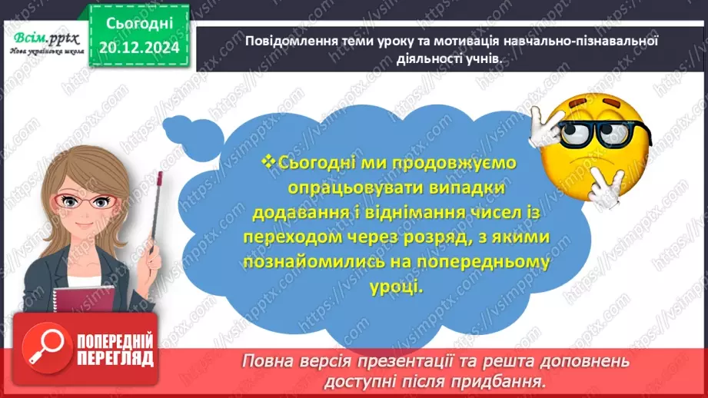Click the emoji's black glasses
click(603, 133)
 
